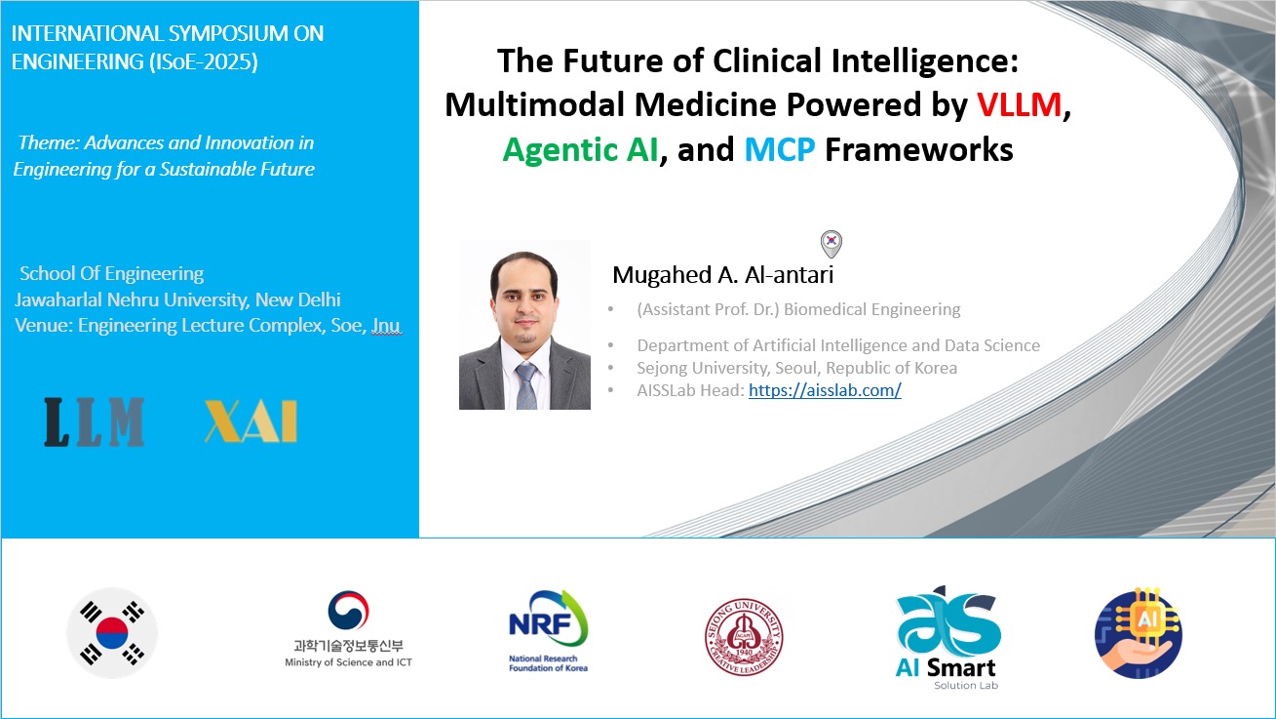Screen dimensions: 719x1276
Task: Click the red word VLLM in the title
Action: pos(1019,105)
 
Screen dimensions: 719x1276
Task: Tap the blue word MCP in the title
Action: pos(780,149)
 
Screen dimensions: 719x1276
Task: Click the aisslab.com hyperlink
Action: pos(825,390)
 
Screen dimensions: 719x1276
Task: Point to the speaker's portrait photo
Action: pos(524,325)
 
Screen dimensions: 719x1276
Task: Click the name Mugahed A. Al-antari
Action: pos(722,275)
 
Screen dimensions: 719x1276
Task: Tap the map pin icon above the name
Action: pos(831,243)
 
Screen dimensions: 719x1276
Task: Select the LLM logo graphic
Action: pos(95,422)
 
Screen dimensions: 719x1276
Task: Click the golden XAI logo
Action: pos(251,422)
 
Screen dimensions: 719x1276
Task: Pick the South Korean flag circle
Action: pos(112,632)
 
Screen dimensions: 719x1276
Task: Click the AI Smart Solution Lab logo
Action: pos(947,638)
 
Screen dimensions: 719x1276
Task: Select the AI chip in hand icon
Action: pos(1139,633)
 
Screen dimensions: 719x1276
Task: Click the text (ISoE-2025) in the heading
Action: pos(207,61)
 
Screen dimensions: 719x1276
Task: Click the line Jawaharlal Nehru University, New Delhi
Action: pos(177,300)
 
